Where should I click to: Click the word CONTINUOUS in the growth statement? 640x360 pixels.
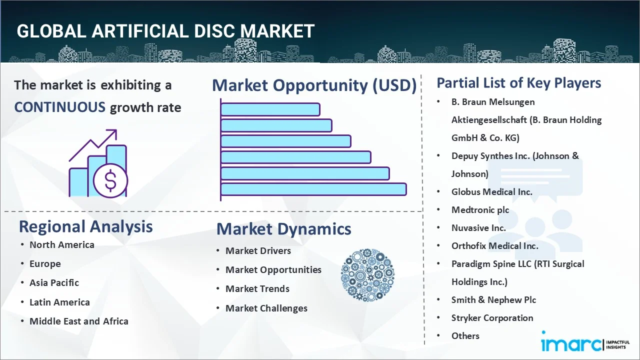60,107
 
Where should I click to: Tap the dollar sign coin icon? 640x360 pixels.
110,180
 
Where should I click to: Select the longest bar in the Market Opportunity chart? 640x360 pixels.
313,189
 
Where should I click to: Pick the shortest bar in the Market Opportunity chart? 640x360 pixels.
270,109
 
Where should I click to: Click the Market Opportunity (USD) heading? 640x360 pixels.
314,85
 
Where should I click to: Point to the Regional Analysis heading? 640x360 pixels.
85,226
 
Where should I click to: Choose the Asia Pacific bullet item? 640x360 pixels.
54,283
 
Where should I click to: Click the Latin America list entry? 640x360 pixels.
59,302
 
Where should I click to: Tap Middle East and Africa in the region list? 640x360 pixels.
79,321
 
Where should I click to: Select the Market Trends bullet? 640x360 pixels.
257,289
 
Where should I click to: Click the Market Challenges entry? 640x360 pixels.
266,308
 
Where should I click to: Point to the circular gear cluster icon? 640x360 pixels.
367,275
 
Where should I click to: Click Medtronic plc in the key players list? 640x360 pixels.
480,210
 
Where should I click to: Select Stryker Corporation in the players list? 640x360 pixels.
492,318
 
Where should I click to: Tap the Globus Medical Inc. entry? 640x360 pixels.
491,191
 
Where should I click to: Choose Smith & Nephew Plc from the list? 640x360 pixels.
493,300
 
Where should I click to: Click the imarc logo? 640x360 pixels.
585,341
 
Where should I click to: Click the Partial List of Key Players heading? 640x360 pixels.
519,83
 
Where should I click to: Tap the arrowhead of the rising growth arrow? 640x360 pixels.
113,133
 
